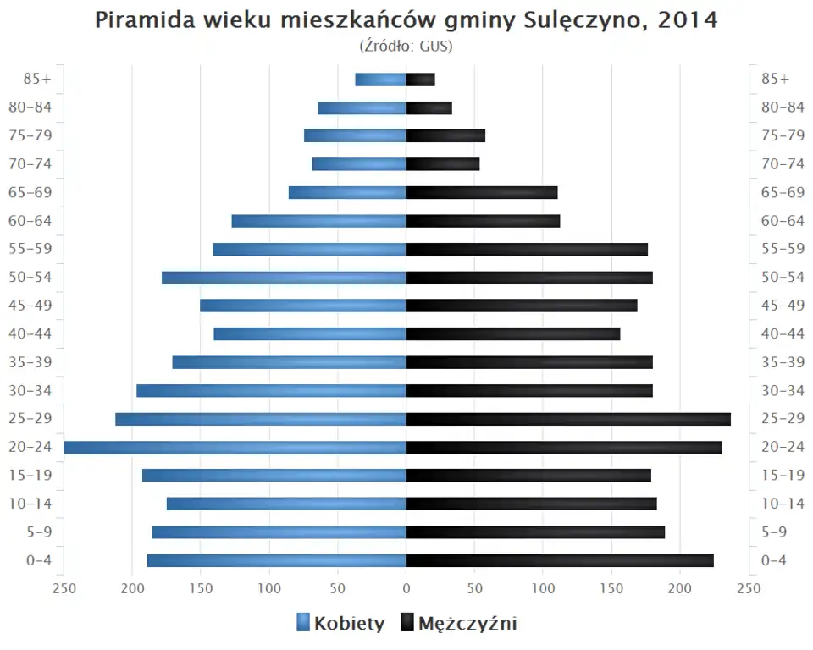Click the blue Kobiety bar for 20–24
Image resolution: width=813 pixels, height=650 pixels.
tap(235, 447)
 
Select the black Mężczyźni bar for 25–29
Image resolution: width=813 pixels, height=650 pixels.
tap(568, 419)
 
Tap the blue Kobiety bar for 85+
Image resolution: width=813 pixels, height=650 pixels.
tap(380, 80)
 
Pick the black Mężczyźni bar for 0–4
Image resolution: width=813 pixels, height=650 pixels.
tap(560, 560)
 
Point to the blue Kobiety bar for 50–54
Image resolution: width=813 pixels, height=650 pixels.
tap(284, 278)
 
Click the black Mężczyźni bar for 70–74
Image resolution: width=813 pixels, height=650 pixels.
tap(443, 164)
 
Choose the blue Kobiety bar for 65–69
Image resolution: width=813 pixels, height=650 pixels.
tap(347, 192)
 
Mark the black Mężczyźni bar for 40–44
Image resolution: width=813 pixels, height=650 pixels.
tap(513, 333)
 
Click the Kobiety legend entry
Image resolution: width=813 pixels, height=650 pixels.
tap(340, 624)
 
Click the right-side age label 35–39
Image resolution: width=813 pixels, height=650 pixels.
tap(783, 362)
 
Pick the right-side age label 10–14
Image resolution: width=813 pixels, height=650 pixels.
tap(783, 504)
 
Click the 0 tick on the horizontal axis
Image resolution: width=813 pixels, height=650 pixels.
tap(406, 589)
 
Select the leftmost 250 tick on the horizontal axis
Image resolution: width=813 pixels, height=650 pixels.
tap(64, 589)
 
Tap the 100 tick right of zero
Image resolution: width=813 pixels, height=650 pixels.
tap(543, 589)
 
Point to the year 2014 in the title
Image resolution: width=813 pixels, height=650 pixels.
tap(688, 20)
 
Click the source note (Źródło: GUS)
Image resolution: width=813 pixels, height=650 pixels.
tap(406, 46)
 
